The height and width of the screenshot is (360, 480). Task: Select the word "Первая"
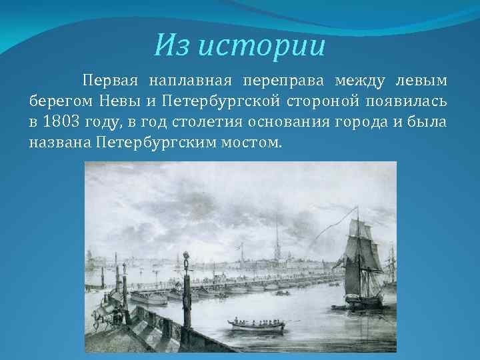(111, 81)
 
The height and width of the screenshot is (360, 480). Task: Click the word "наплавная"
(191, 81)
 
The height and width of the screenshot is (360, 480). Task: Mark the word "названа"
(59, 143)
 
